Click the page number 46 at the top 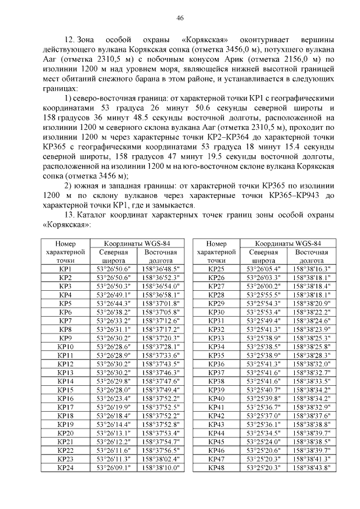[180, 18]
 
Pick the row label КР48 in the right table [216, 468]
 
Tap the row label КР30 [216, 313]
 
